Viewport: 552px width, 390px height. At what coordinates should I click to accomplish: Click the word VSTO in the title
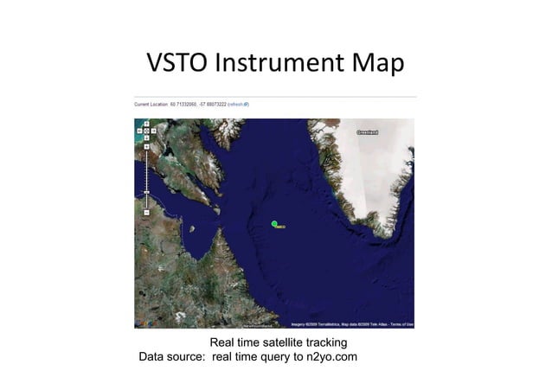pos(177,63)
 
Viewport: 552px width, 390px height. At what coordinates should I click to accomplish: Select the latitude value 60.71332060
pos(186,104)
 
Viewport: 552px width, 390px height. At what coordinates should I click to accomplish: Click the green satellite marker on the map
pos(274,224)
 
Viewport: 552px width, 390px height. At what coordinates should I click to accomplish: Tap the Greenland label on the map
pos(370,132)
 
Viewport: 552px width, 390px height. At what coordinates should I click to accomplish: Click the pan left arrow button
pos(139,131)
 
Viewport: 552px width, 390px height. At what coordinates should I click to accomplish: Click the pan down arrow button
pos(146,138)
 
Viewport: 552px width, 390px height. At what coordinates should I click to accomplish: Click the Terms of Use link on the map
pos(401,325)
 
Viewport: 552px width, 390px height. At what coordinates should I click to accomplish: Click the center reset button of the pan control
pos(146,131)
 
